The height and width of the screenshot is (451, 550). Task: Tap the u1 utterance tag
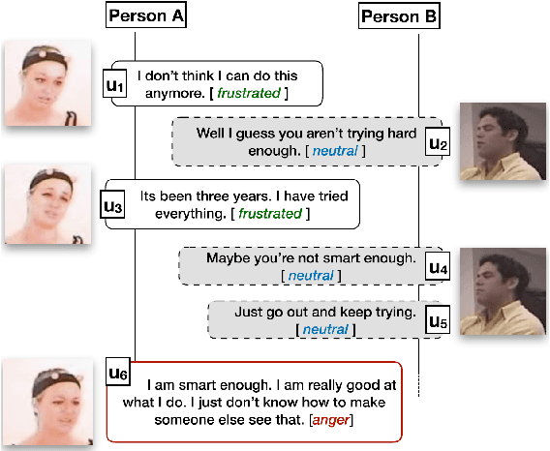pyautogui.click(x=115, y=85)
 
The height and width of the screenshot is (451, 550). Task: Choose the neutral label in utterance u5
pyautogui.click(x=322, y=331)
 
